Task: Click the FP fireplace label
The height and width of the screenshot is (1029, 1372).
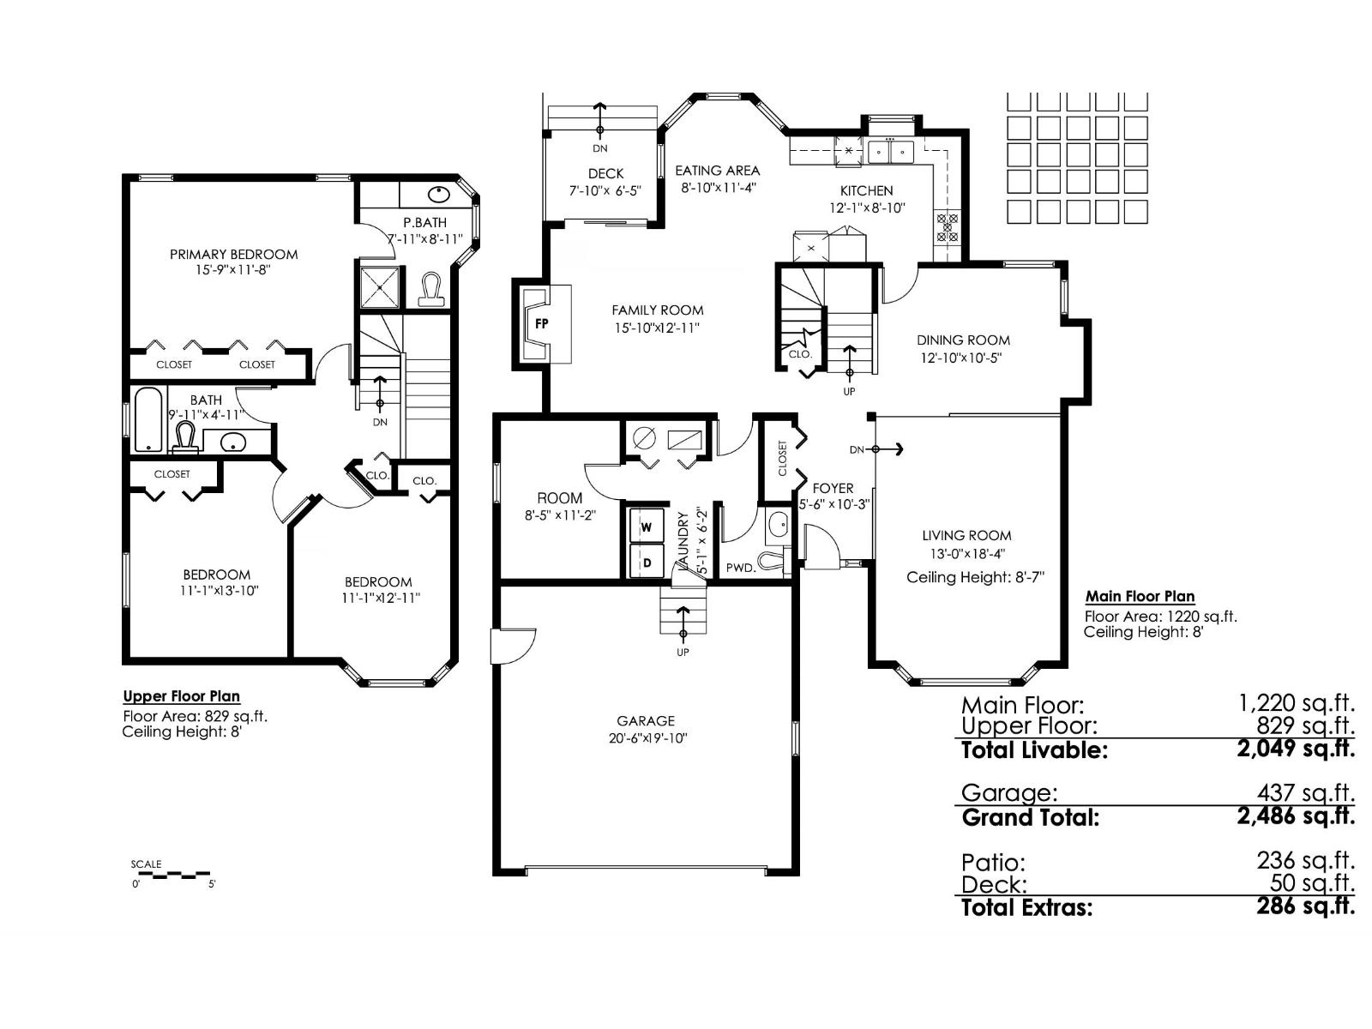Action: coord(541,323)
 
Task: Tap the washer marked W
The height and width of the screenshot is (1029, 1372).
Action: coord(647,527)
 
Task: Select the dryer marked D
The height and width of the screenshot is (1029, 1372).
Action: coord(647,563)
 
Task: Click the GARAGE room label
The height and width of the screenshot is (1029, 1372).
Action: coord(645,721)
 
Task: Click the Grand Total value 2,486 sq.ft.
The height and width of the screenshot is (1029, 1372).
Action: coord(1295,815)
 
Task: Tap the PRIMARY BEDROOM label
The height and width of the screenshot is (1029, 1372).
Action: coord(233,254)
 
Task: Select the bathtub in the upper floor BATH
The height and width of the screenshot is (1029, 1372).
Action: coord(149,420)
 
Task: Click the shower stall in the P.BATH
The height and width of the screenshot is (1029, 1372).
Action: coord(378,286)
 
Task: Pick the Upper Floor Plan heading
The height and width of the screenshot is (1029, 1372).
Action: coord(181,696)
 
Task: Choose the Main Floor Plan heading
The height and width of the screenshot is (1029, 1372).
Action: coord(1140,596)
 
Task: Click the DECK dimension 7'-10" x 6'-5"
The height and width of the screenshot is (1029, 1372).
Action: coord(605,191)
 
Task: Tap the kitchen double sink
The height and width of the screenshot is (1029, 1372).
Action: coord(891,152)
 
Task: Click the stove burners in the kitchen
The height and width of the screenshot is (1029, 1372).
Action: coord(947,226)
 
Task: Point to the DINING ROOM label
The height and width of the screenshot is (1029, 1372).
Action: coord(963,340)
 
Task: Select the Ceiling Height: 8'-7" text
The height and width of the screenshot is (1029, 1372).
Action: coord(975,577)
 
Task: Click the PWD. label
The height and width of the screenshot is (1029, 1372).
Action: coord(739,568)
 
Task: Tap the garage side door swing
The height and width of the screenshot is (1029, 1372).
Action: coord(513,645)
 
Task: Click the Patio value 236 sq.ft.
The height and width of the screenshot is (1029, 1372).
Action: coord(1305,860)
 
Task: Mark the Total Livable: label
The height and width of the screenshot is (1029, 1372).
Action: coord(1034,750)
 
